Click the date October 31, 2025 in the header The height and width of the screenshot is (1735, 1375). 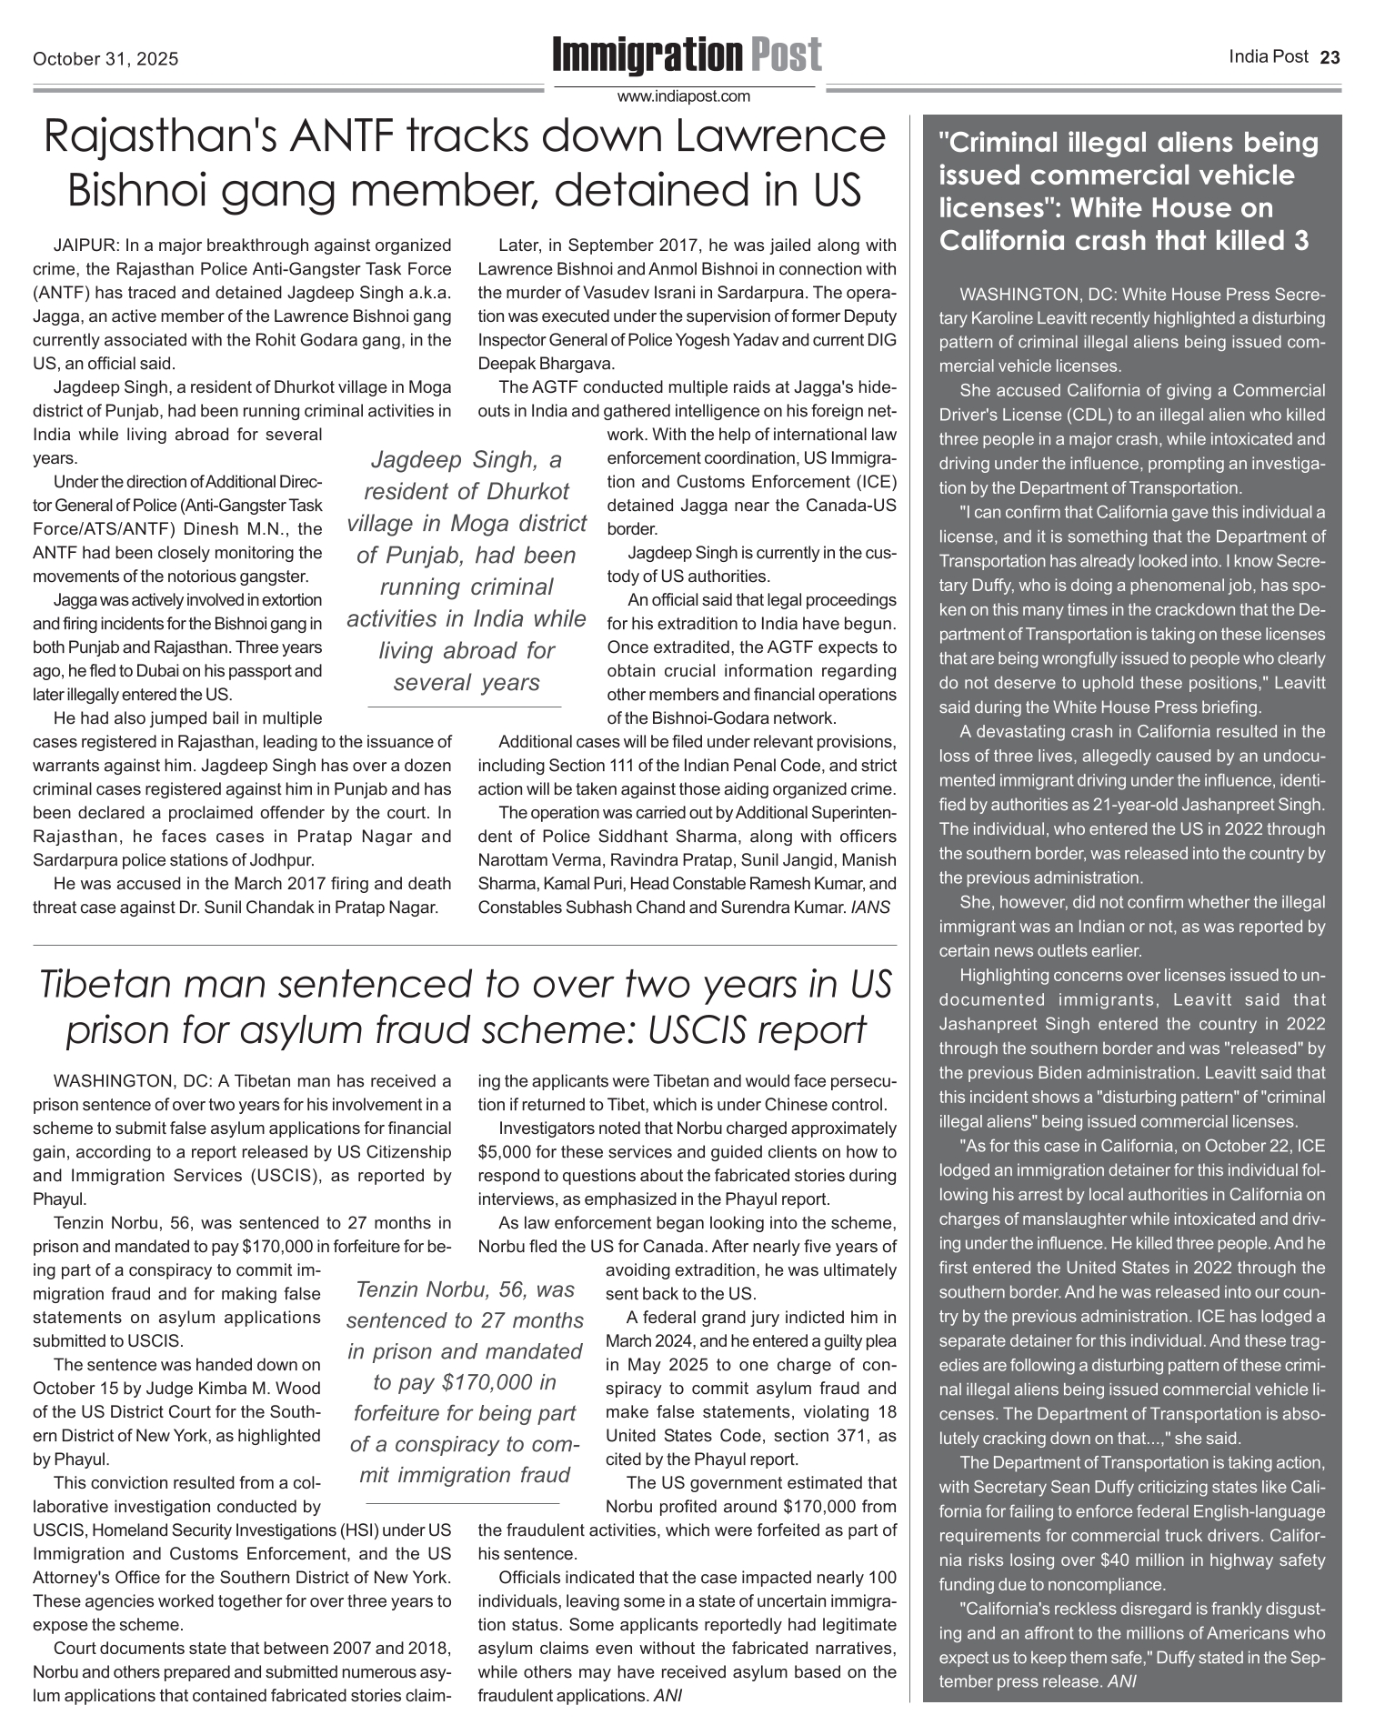105,60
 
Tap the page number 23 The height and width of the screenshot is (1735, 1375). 1330,58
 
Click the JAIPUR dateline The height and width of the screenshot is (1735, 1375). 85,246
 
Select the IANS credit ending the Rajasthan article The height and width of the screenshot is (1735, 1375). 870,907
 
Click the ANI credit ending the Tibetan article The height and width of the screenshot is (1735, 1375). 668,1695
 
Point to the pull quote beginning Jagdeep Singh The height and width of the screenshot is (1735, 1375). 466,570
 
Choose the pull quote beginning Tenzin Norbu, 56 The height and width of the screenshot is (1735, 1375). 466,1381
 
